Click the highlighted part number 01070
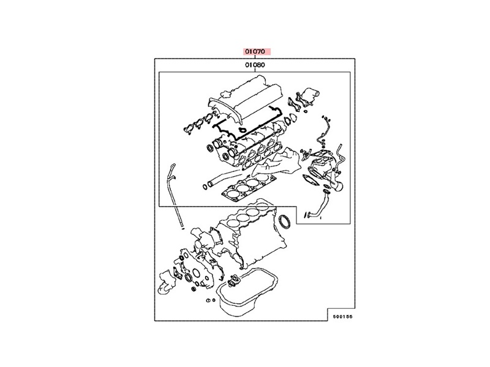tap(255, 51)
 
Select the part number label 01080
tap(255, 65)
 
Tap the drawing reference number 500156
tap(342, 316)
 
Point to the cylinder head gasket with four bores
tap(249, 187)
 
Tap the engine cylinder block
tap(250, 234)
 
